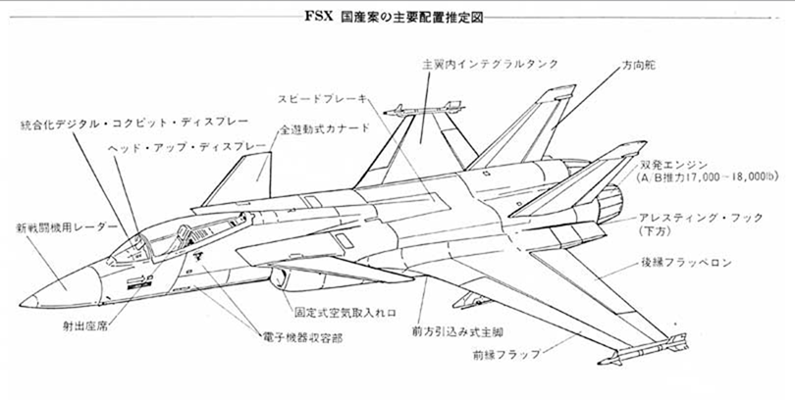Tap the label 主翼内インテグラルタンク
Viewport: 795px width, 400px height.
pos(490,63)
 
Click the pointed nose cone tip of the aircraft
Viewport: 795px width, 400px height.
pos(24,300)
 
